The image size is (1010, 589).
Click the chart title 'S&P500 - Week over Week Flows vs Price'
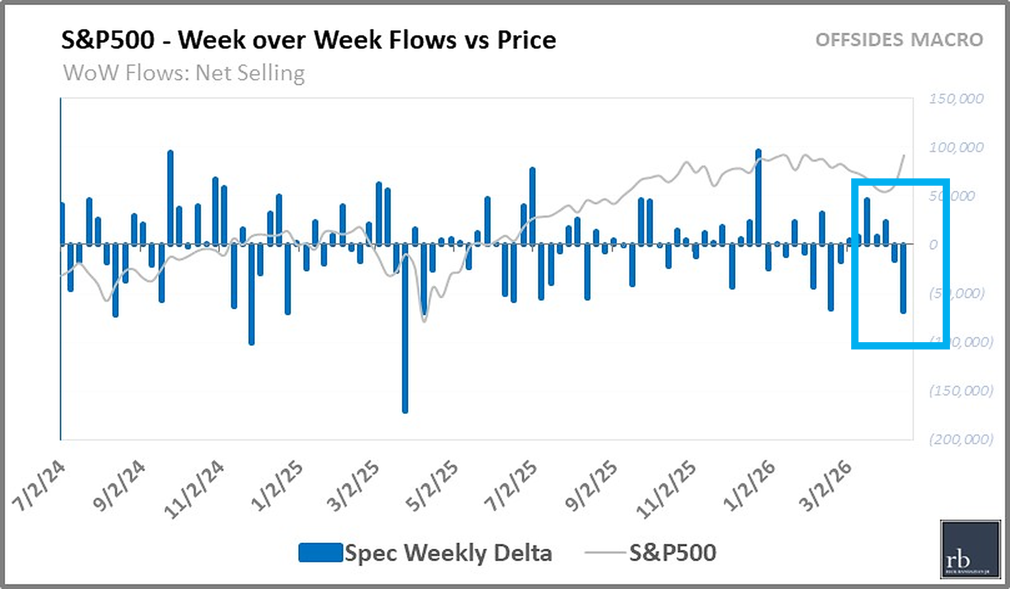coord(308,40)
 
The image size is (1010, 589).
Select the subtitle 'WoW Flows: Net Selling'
coord(183,73)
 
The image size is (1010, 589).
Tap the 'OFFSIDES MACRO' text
coord(899,40)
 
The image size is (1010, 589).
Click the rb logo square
coord(970,549)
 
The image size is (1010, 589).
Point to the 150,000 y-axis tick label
coord(956,99)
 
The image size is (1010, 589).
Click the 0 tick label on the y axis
coord(933,245)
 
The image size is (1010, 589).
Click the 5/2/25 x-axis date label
coord(432,486)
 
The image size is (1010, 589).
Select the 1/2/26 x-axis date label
coord(749,486)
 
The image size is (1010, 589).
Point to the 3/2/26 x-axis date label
coord(825,486)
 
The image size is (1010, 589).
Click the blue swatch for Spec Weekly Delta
coord(320,553)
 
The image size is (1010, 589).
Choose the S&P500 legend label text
coord(672,553)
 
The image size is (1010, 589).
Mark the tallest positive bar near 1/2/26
coord(759,196)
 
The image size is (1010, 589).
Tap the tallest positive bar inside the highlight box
coord(867,221)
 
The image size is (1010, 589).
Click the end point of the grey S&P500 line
coord(904,155)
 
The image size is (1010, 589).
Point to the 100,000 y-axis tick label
coord(956,148)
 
